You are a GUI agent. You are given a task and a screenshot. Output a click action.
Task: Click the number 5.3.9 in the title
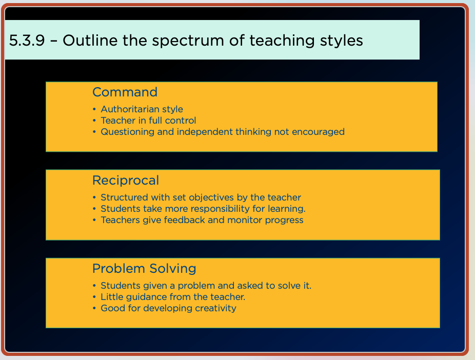pos(27,41)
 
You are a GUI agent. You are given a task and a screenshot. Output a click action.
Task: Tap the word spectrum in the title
pos(188,42)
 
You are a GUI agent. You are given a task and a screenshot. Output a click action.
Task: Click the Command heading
pos(125,92)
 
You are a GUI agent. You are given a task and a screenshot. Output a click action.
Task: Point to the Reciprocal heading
pos(125,181)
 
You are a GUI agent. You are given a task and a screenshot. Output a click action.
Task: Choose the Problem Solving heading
pos(144,269)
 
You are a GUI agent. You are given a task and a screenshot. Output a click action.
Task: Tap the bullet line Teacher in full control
pos(148,121)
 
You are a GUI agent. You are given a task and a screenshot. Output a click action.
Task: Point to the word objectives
pos(211,198)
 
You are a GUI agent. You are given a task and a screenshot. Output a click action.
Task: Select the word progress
pos(284,221)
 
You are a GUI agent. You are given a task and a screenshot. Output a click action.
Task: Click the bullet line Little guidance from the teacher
pos(173,297)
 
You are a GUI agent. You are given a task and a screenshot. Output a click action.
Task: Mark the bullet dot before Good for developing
pos(94,308)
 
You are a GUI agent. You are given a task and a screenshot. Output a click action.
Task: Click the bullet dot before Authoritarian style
pos(94,109)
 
